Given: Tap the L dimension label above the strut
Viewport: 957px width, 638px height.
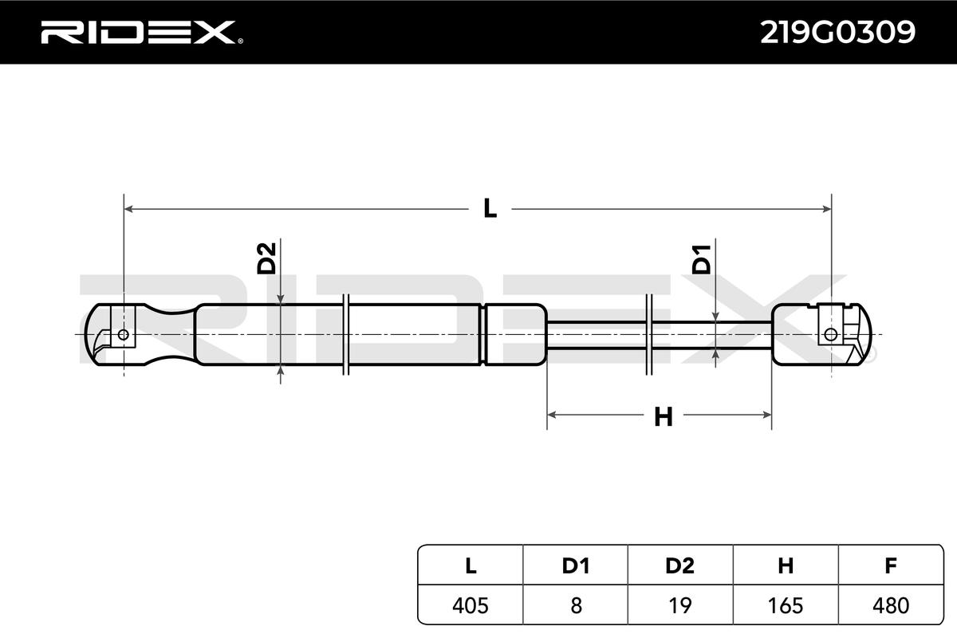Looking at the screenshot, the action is click(x=490, y=210).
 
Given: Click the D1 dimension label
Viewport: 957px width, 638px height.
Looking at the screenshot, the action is click(x=701, y=260).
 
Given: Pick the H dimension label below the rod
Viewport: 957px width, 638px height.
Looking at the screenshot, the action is click(x=663, y=416).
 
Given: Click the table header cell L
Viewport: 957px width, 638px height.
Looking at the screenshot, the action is click(x=471, y=566).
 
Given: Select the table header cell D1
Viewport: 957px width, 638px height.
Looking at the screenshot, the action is click(x=575, y=566).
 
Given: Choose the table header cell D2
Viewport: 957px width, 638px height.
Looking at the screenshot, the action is click(x=679, y=566).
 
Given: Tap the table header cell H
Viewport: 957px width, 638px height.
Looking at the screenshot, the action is click(x=786, y=566).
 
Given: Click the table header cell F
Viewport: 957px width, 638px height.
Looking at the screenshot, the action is click(x=891, y=566).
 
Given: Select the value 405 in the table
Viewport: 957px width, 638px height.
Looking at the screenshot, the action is click(x=471, y=605).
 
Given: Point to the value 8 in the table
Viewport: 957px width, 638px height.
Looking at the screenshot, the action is click(x=575, y=605).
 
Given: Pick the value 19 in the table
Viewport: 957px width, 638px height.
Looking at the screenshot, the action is click(x=679, y=605).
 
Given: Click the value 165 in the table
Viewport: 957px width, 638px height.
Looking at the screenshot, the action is click(x=786, y=605).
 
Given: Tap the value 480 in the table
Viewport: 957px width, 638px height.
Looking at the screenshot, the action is click(x=891, y=605).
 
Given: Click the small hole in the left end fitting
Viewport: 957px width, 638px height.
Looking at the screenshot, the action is click(x=123, y=334).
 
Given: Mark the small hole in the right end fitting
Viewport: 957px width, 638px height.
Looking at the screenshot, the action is click(x=832, y=334).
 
